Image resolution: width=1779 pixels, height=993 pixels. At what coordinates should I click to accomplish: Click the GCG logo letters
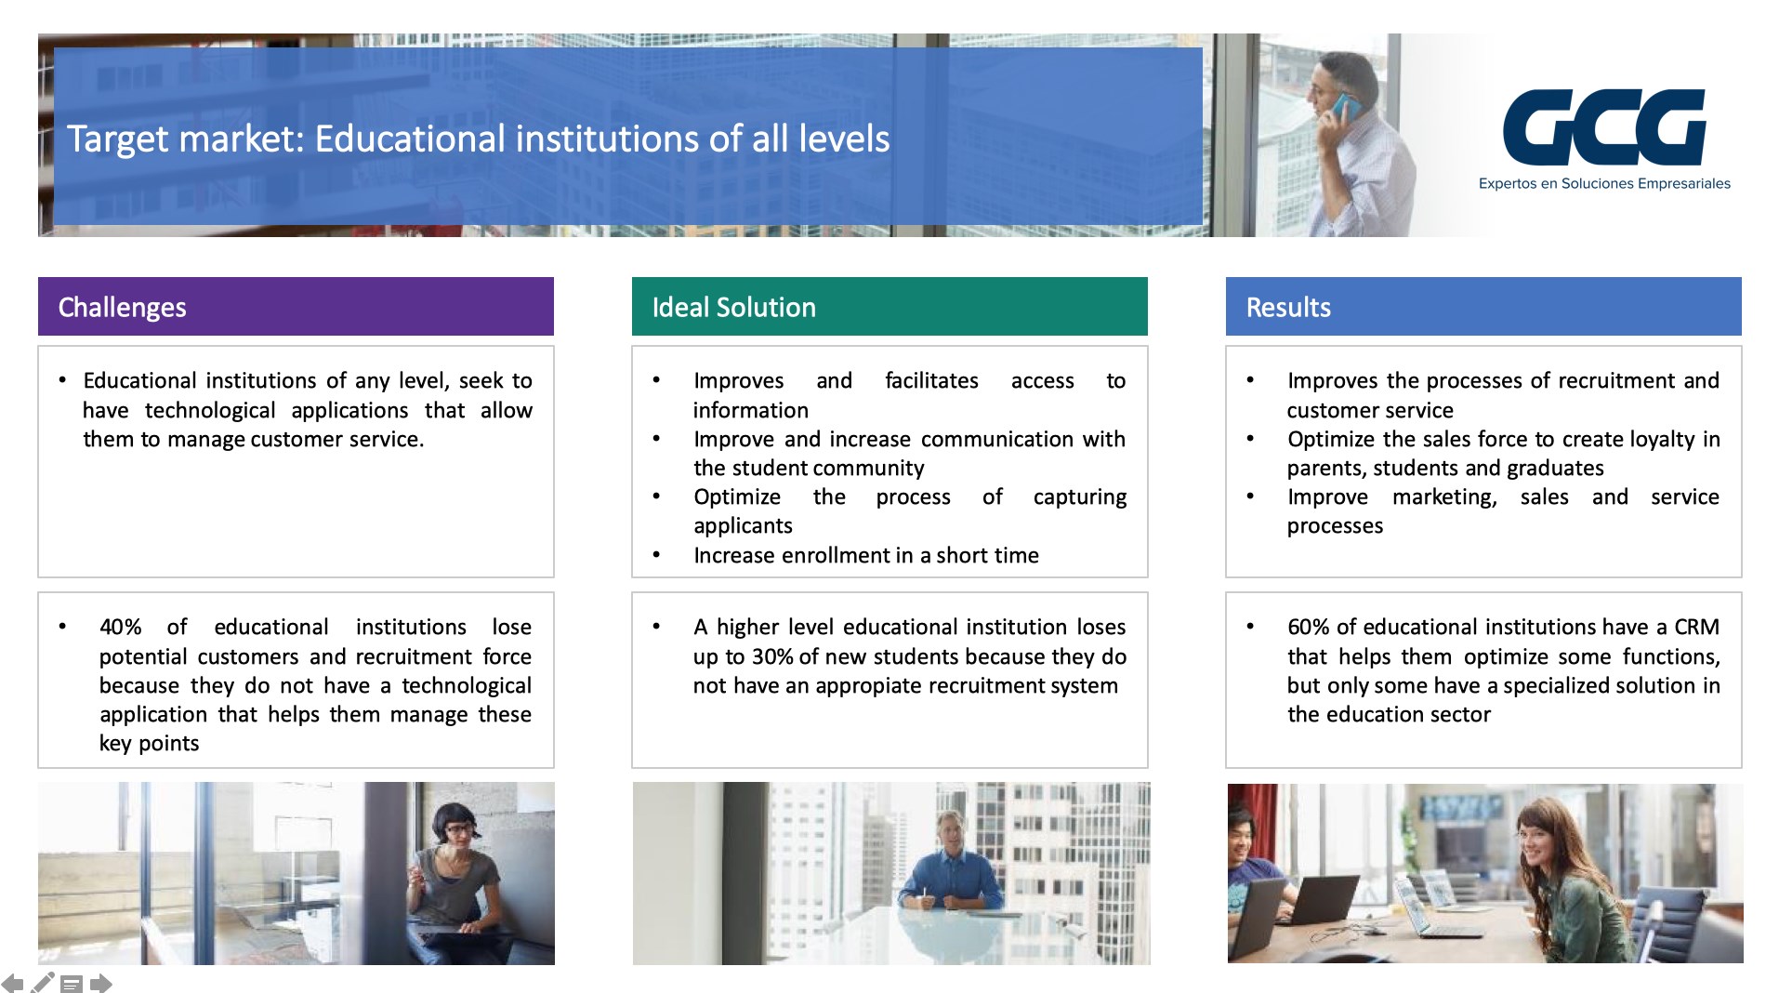click(x=1604, y=126)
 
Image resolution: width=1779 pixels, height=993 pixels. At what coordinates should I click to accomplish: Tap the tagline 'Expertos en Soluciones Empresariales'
click(x=1604, y=184)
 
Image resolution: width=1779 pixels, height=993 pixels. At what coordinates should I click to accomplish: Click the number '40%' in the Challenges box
click(x=121, y=627)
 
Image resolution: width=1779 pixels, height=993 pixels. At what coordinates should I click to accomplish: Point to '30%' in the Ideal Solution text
click(x=772, y=656)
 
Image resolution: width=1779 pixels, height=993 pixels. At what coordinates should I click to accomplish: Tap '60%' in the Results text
click(x=1309, y=627)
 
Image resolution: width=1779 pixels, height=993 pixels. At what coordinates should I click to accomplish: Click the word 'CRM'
click(x=1697, y=627)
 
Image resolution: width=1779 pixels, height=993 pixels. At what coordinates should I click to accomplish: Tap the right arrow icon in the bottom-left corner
click(x=101, y=983)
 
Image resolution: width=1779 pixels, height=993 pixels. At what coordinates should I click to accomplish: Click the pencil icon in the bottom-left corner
click(x=43, y=982)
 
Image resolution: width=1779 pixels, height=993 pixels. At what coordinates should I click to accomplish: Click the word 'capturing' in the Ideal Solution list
click(x=1080, y=497)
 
